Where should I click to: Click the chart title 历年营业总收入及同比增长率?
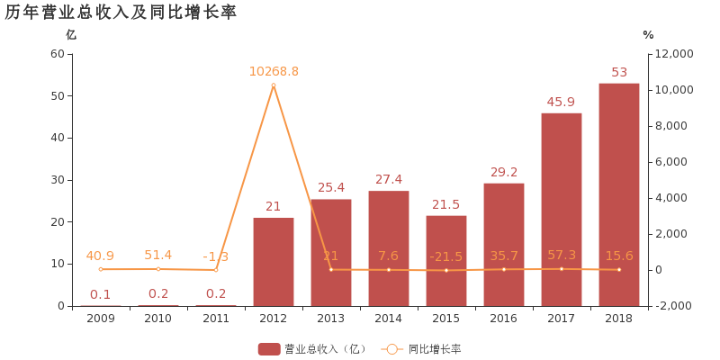click(x=121, y=13)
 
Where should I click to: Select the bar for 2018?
click(x=619, y=193)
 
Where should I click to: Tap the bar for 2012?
click(x=274, y=261)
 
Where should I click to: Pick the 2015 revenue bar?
click(x=446, y=260)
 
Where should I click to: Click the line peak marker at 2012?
click(x=274, y=85)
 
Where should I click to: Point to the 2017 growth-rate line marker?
click(x=562, y=269)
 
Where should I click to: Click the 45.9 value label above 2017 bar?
click(x=561, y=102)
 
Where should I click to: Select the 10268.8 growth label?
click(x=274, y=71)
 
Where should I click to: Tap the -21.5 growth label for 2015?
click(x=446, y=256)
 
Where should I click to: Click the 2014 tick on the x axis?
click(x=389, y=318)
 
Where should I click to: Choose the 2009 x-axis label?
click(x=101, y=318)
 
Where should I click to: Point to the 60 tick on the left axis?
click(x=57, y=54)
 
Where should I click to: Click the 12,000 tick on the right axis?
click(x=674, y=54)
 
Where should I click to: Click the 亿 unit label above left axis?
click(x=71, y=34)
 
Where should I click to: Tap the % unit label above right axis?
click(x=648, y=34)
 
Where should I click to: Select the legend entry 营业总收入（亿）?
click(x=311, y=348)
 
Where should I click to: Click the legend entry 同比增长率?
click(x=422, y=348)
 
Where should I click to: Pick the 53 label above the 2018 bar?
click(x=619, y=72)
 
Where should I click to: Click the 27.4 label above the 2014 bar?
click(x=389, y=179)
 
